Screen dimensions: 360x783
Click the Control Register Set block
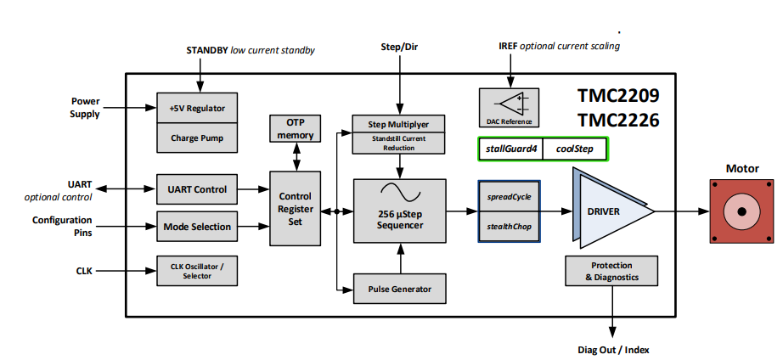point(296,209)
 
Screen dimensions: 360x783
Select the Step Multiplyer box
point(399,124)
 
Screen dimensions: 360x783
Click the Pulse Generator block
point(399,289)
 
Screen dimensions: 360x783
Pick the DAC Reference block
point(509,107)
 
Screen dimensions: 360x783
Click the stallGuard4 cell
point(511,149)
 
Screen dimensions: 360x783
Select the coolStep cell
point(575,149)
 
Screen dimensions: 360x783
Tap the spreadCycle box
point(510,196)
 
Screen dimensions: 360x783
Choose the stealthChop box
point(510,227)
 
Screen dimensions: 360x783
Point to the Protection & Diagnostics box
point(611,272)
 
